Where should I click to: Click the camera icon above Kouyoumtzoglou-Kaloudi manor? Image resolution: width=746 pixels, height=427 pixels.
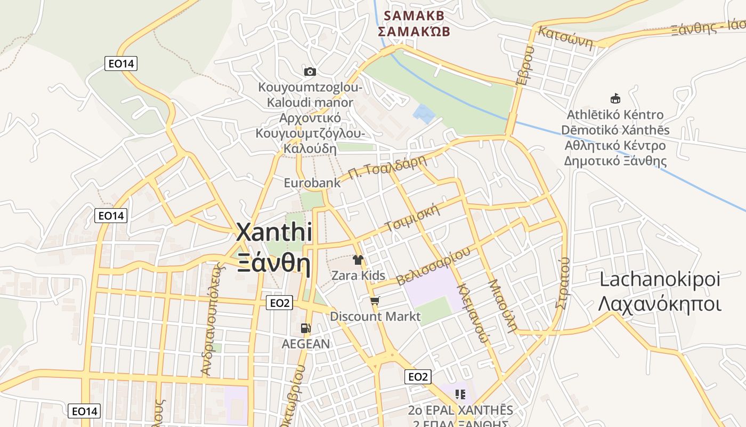310,72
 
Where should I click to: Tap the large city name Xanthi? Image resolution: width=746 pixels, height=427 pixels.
274,233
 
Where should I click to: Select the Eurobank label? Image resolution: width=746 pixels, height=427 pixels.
312,183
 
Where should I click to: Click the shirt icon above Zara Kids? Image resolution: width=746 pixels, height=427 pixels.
358,260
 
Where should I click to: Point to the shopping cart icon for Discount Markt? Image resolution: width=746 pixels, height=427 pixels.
375,302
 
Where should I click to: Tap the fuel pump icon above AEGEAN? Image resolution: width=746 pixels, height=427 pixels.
306,328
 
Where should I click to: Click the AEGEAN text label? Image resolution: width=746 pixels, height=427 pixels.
306,344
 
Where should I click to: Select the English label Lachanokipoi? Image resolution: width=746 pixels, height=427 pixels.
660,279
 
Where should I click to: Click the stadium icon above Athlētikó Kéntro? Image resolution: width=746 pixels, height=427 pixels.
615,98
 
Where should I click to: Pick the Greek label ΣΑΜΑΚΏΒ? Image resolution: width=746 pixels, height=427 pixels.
414,31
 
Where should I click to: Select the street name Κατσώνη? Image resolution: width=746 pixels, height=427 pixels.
565,37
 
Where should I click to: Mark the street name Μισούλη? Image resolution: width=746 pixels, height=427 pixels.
502,305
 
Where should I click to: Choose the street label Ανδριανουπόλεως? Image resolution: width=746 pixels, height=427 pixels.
210,319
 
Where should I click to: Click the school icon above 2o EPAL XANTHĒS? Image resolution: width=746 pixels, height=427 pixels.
460,394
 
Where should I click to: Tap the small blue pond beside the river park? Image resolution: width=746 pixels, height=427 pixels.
424,114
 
